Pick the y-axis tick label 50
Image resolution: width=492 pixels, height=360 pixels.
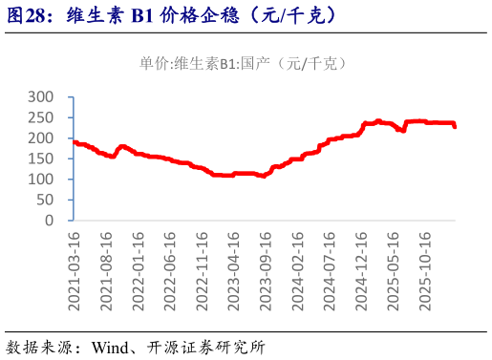(x=45, y=200)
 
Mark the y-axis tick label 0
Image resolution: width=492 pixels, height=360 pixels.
(x=50, y=221)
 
